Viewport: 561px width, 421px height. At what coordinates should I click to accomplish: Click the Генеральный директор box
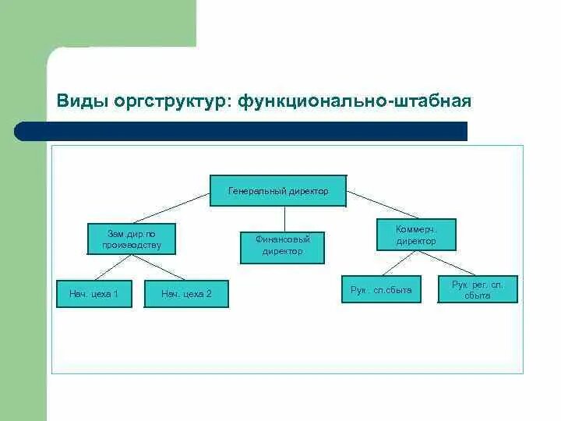tap(278, 190)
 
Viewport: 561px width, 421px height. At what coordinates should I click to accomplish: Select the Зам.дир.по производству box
tap(131, 239)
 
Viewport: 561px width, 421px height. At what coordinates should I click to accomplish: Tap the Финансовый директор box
tap(283, 246)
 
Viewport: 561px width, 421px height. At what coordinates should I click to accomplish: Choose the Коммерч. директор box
tap(415, 235)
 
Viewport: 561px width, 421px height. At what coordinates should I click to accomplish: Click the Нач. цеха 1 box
tap(93, 294)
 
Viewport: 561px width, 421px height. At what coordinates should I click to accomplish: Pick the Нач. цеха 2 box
tap(186, 294)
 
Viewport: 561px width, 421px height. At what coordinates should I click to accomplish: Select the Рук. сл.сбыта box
tap(381, 289)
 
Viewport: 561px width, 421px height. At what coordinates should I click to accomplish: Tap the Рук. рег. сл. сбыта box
tap(478, 289)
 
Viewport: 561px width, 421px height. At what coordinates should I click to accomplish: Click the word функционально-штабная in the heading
tap(355, 102)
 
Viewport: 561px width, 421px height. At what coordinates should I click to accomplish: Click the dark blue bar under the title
tap(249, 131)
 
